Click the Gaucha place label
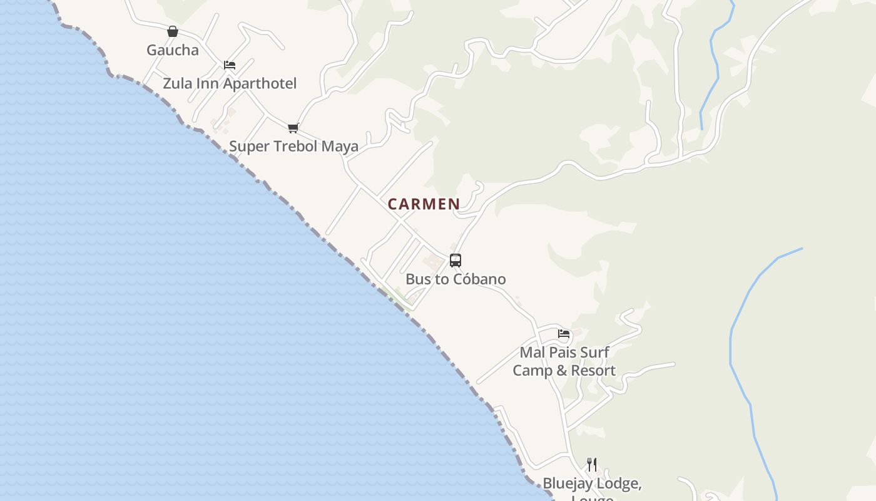[172, 50]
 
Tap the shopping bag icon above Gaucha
[173, 31]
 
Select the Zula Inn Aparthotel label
[230, 83]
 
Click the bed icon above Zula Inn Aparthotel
[230, 65]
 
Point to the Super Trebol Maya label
[293, 147]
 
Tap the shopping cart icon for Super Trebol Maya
[293, 128]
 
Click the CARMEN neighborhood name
[424, 204]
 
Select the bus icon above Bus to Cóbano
[456, 261]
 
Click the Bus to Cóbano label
[456, 279]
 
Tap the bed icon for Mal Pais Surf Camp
[564, 334]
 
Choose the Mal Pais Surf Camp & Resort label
[564, 361]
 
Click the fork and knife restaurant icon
[592, 465]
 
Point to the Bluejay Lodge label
[592, 484]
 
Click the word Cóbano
[479, 279]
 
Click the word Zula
[176, 83]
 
